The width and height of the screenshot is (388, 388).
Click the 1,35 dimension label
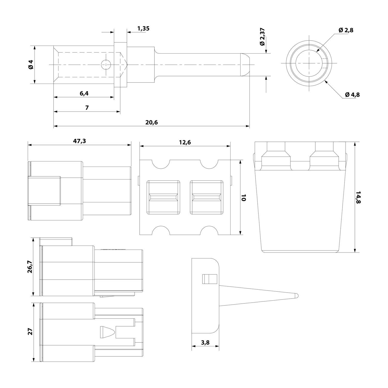pyautogui.click(x=143, y=28)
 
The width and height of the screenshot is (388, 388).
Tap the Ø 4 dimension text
pyautogui.click(x=31, y=64)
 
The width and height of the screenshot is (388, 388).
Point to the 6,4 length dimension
pyautogui.click(x=84, y=93)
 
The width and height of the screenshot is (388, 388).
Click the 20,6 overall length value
pyautogui.click(x=151, y=122)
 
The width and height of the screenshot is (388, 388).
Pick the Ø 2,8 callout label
pyautogui.click(x=346, y=30)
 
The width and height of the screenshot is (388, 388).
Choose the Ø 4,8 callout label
pyautogui.click(x=352, y=95)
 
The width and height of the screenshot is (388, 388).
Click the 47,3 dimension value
pyautogui.click(x=80, y=141)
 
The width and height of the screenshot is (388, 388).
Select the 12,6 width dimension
pyautogui.click(x=185, y=142)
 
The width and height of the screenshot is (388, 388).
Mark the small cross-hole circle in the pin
pyautogui.click(x=106, y=64)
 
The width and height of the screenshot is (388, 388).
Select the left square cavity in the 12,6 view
pyautogui.click(x=163, y=197)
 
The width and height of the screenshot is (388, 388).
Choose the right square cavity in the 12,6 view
pyautogui.click(x=206, y=197)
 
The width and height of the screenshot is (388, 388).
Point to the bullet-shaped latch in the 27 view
pyautogui.click(x=106, y=332)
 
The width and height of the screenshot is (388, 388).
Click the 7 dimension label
pyautogui.click(x=87, y=108)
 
